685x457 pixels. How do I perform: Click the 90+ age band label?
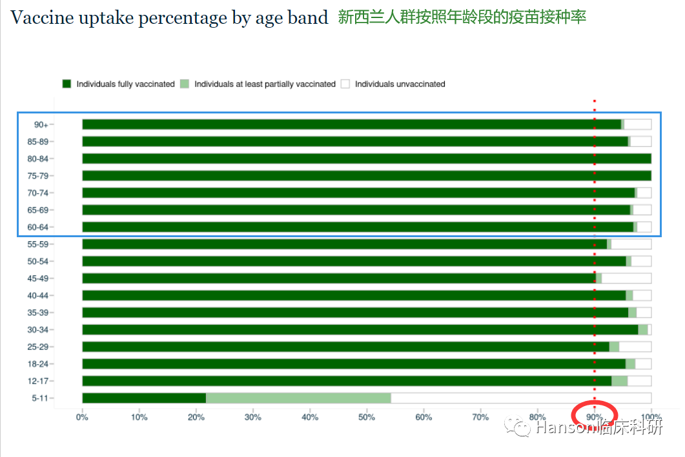pyautogui.click(x=41, y=124)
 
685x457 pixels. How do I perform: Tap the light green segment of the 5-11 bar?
pyautogui.click(x=298, y=398)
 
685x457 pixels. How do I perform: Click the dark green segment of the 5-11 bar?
pyautogui.click(x=144, y=398)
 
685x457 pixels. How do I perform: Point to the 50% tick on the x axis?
pyautogui.click(x=367, y=417)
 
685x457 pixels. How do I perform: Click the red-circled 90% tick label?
pyautogui.click(x=594, y=417)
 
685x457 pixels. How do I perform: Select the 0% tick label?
pyautogui.click(x=82, y=417)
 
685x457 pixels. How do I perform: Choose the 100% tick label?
pyautogui.click(x=651, y=417)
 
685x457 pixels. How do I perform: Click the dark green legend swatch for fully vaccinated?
pyautogui.click(x=66, y=84)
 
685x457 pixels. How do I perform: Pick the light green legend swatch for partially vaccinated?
pyautogui.click(x=185, y=84)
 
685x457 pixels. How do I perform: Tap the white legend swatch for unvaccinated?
pyautogui.click(x=345, y=84)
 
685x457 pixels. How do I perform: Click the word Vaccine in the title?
pyautogui.click(x=44, y=18)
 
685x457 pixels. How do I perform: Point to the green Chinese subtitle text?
pyautogui.click(x=462, y=17)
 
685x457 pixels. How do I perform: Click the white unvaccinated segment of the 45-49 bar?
pyautogui.click(x=626, y=278)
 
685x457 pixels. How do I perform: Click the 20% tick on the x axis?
pyautogui.click(x=196, y=417)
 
